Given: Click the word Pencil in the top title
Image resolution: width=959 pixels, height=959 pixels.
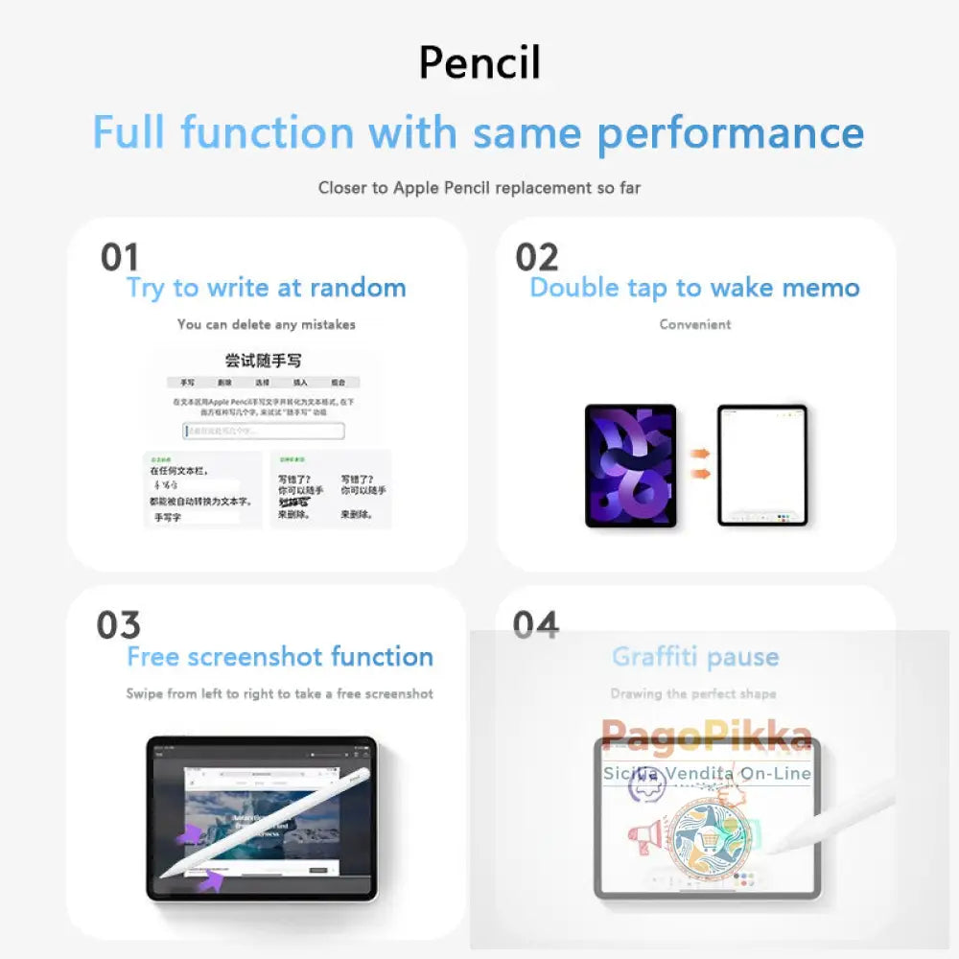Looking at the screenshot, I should tap(479, 63).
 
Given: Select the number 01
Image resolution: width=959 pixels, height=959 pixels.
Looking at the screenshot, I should tap(120, 257).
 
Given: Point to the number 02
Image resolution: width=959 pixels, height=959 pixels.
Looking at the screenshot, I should tap(536, 257).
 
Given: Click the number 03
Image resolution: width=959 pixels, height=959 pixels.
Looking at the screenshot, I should tap(118, 625).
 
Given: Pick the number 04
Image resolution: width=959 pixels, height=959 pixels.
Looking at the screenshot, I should tap(535, 625).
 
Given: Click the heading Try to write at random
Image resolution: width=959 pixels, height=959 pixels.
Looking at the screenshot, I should tap(266, 288).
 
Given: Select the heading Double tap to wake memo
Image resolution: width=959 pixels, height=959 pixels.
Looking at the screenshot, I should tap(694, 288).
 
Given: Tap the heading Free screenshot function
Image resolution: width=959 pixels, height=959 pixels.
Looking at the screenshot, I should tap(279, 657).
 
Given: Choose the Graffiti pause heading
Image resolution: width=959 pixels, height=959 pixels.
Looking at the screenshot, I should tap(694, 657).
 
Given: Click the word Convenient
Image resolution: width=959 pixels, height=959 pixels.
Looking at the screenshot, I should tap(694, 324).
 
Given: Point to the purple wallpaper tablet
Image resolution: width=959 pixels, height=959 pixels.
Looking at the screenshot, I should tap(630, 465).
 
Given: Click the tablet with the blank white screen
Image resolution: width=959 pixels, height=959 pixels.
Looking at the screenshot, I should tap(762, 465).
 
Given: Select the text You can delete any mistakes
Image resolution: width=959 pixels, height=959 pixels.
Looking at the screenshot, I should tap(266, 324).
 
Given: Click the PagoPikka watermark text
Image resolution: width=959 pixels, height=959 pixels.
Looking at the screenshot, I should tap(707, 737).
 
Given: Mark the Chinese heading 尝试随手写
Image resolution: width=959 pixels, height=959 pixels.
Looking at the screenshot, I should tap(263, 361).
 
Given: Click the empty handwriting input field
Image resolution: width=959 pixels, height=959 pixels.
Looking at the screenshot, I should tap(263, 431).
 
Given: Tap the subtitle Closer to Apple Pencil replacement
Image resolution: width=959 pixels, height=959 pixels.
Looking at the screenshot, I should tap(479, 188).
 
